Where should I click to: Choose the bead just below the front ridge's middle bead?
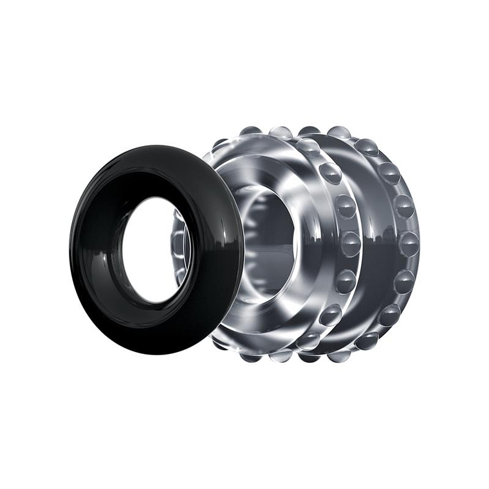pos(346,281)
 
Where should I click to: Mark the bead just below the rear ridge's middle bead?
pos(403,281)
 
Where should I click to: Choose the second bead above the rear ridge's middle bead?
pos(389,173)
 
